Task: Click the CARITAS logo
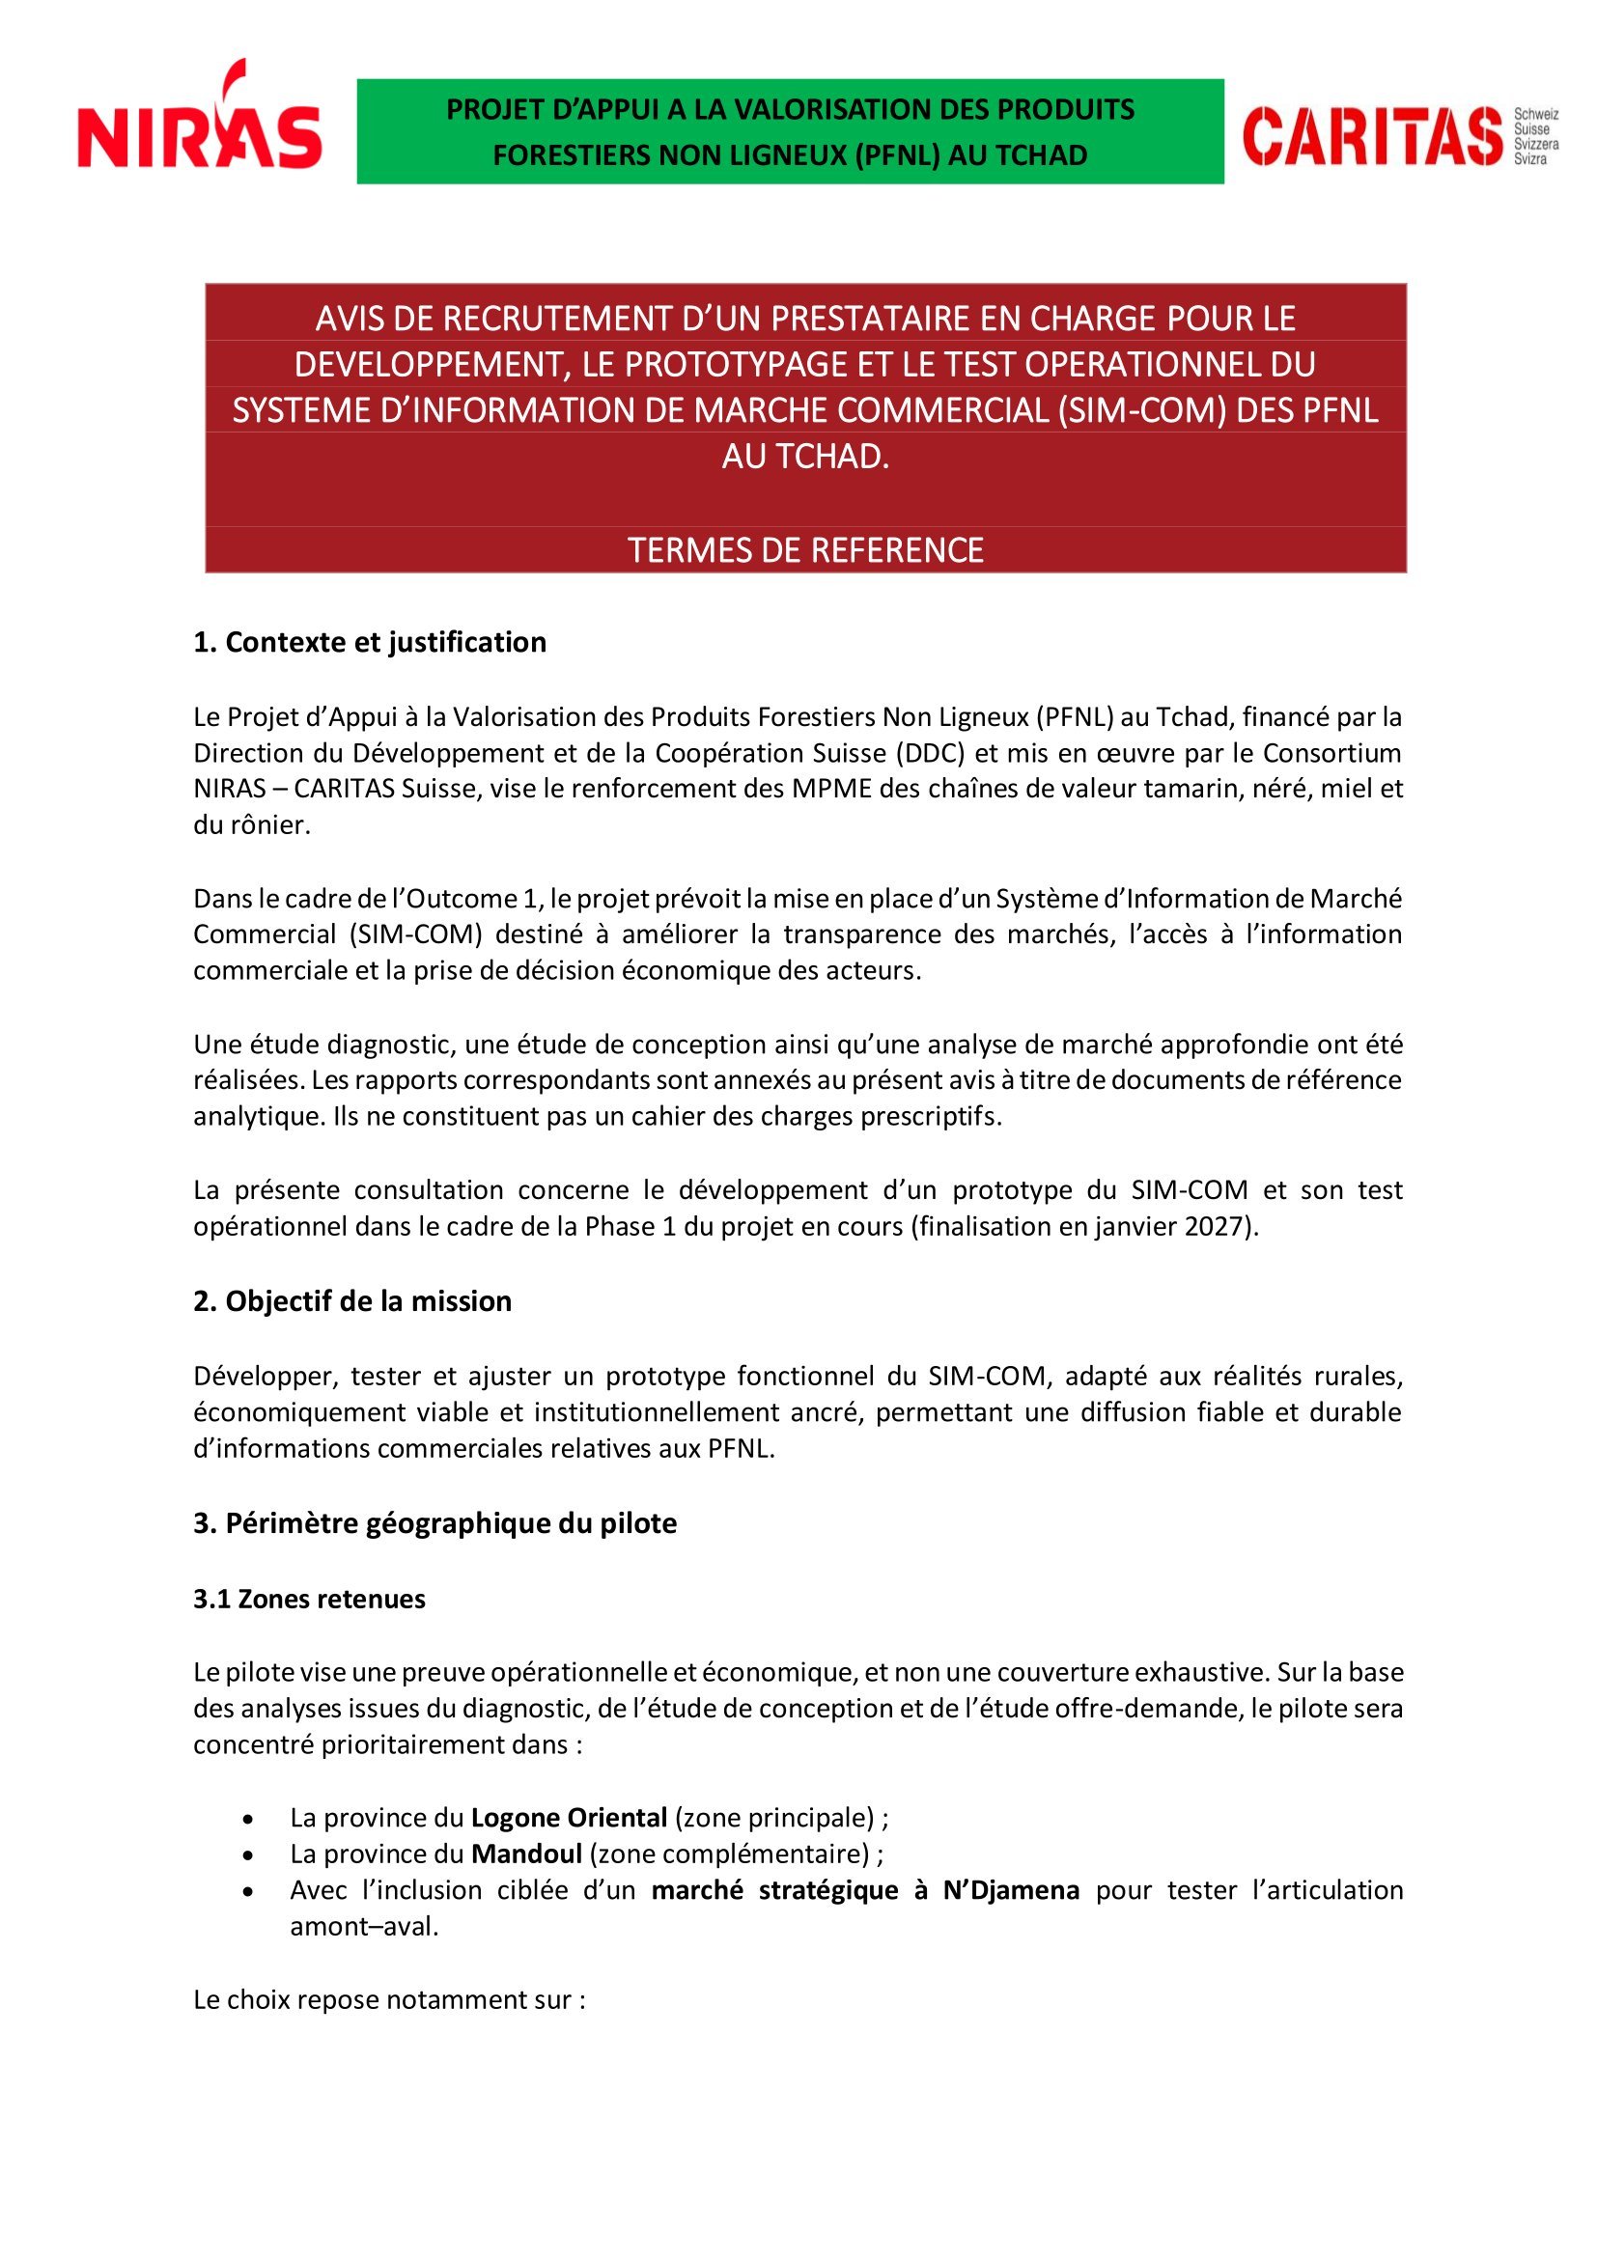1373,136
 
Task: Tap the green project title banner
790,132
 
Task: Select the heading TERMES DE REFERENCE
805,549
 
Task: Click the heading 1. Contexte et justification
370,642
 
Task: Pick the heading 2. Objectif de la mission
352,1301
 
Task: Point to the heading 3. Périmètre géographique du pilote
434,1523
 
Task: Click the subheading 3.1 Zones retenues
309,1599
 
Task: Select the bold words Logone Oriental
570,1818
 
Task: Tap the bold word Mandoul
527,1854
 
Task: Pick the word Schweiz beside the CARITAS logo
1536,115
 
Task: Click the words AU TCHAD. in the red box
805,458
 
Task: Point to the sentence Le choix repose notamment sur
388,2000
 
